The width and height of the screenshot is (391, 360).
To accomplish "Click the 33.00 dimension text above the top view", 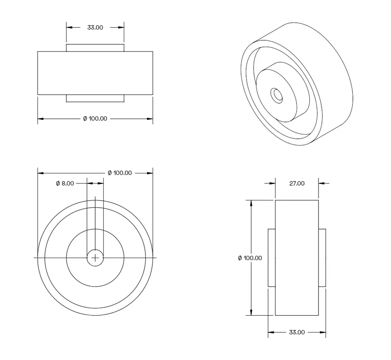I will [x=95, y=27].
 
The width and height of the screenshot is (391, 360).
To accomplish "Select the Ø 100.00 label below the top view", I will [x=95, y=119].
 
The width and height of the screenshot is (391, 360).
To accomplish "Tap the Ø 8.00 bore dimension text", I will [x=65, y=183].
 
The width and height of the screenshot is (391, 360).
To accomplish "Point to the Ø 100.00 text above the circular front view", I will [x=119, y=173].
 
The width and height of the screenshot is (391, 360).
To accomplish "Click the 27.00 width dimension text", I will [x=297, y=183].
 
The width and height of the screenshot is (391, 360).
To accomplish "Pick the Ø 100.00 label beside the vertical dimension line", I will [x=250, y=258].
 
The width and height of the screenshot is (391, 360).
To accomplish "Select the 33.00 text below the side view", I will [x=297, y=332].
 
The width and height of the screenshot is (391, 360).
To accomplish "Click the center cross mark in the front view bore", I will [x=95, y=258].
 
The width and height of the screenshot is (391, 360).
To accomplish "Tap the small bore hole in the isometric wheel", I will [x=277, y=95].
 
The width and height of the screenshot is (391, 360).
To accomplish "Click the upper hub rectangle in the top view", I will [x=95, y=47].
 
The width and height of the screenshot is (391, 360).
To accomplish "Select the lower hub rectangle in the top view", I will [x=95, y=98].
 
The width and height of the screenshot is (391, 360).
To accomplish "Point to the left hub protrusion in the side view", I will [x=272, y=258].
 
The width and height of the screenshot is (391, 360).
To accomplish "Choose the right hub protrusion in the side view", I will [x=322, y=258].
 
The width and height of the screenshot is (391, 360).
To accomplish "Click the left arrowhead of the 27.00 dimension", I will [x=272, y=183].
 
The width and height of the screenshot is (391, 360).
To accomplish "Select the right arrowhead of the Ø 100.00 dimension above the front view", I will [x=150, y=173].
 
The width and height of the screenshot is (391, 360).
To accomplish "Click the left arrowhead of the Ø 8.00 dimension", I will [x=84, y=183].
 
